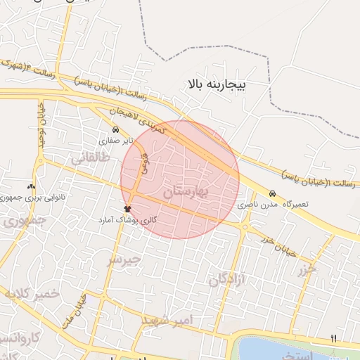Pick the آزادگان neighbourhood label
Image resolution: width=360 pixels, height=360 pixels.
pos(226,282)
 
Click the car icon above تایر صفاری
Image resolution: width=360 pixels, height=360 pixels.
pos(115,131)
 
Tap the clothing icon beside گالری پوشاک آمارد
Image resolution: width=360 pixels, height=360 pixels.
pos(127,209)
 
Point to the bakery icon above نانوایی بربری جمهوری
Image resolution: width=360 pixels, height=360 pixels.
pos(31,187)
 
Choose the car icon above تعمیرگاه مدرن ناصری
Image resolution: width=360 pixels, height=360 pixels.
pos(271,193)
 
